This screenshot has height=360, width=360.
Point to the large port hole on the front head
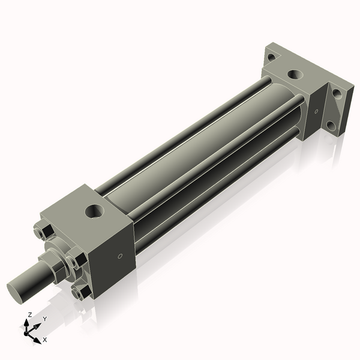(94, 211)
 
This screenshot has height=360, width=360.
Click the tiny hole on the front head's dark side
(120, 256)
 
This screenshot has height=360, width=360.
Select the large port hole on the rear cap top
(296, 74)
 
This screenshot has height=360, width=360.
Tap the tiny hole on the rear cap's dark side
(316, 112)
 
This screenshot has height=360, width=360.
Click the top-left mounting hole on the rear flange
(272, 58)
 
